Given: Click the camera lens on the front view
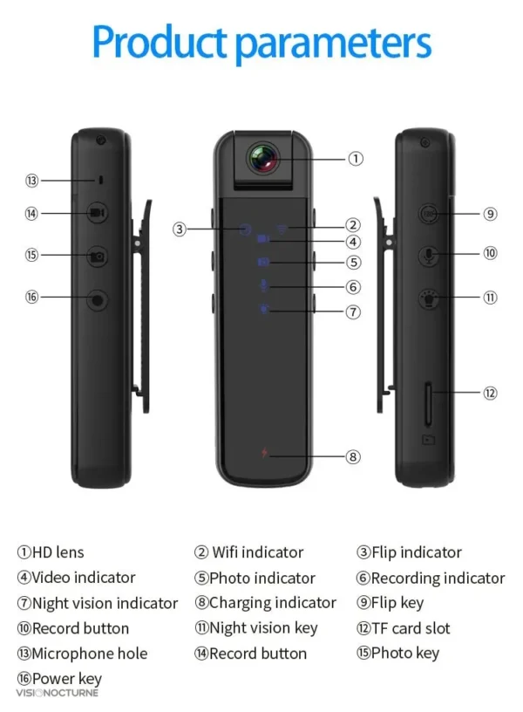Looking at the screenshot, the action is [x=262, y=159].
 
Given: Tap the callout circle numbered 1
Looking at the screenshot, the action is [x=356, y=159].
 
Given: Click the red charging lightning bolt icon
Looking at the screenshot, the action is [x=264, y=453].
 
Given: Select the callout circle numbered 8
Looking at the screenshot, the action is [x=353, y=456].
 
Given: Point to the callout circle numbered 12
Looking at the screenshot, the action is [x=490, y=393].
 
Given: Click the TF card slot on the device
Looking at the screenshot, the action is [x=428, y=404].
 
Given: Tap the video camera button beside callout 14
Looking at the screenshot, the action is [x=97, y=213].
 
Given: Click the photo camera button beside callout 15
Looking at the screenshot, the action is [x=97, y=257].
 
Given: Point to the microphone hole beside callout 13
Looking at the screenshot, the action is [x=101, y=180].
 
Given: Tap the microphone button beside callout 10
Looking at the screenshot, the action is [x=428, y=256].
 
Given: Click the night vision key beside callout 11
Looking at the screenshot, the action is [x=428, y=298].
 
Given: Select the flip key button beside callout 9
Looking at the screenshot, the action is [x=428, y=214].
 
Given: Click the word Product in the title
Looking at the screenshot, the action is [x=160, y=42].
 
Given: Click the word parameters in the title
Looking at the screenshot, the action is [x=334, y=44].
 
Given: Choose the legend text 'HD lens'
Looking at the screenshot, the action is [x=58, y=552].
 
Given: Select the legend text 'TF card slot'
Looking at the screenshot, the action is [x=411, y=628].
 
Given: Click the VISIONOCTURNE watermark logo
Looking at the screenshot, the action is [x=58, y=693].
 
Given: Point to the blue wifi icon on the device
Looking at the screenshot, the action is [x=282, y=229].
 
